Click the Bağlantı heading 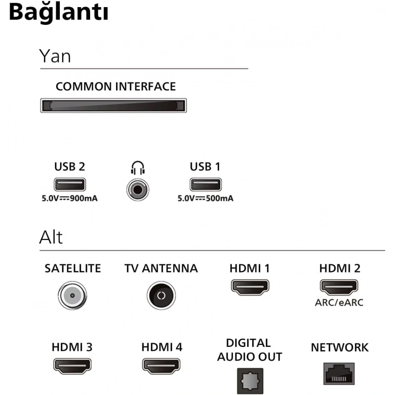pyautogui.click(x=59, y=13)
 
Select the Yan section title pyautogui.click(x=55, y=56)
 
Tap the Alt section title pyautogui.click(x=51, y=237)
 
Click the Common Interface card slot pyautogui.click(x=113, y=105)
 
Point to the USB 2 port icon pyautogui.click(x=69, y=185)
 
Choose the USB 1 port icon pyautogui.click(x=205, y=185)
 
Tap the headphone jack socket pyautogui.click(x=137, y=189)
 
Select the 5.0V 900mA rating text pyautogui.click(x=69, y=199)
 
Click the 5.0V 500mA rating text pyautogui.click(x=205, y=199)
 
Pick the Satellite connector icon pyautogui.click(x=72, y=295)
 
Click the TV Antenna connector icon pyautogui.click(x=161, y=295)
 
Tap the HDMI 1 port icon pyautogui.click(x=250, y=287)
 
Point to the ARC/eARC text pyautogui.click(x=340, y=303)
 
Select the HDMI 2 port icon pyautogui.click(x=340, y=287)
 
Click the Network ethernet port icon pyautogui.click(x=339, y=374)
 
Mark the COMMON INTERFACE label pyautogui.click(x=115, y=87)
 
